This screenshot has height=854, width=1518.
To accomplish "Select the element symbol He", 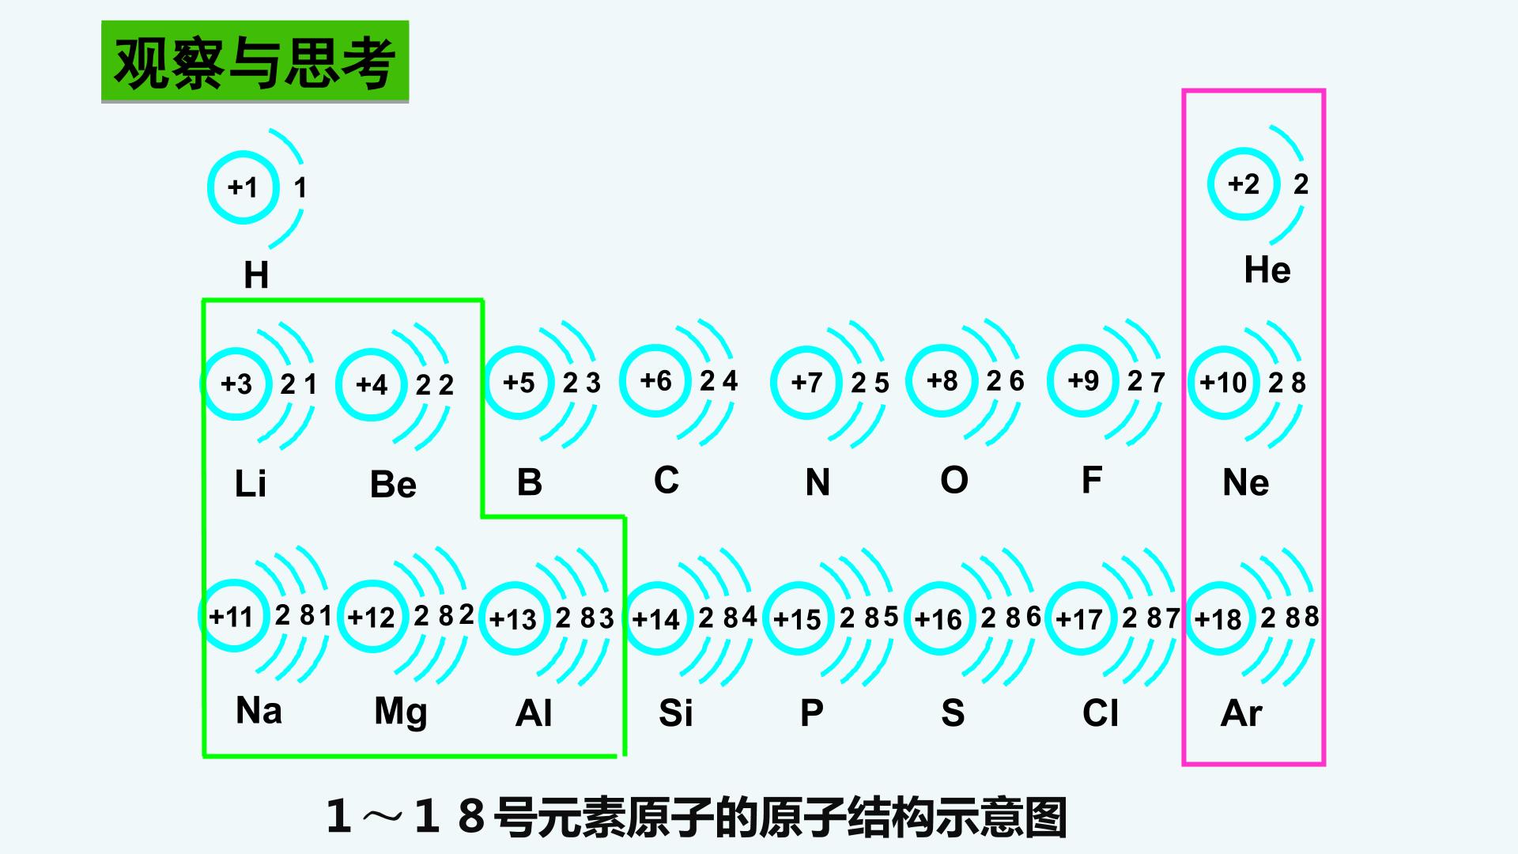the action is point(1267,270).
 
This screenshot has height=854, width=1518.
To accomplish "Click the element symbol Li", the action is point(251,483).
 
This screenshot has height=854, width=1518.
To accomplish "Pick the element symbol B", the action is point(529,482).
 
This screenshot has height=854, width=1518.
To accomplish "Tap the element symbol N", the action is point(818,482).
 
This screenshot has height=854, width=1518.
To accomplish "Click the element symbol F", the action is point(1092,480).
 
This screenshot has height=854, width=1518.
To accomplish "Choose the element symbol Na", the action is point(259,711).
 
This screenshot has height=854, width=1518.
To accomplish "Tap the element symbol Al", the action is point(534,713).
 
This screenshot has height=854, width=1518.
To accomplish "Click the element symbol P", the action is point(812,713).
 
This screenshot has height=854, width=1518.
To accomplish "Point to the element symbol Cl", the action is point(1101,713).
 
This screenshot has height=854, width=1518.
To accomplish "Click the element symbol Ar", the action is point(1241,713).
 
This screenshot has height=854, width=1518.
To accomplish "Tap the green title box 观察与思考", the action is point(255,62).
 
